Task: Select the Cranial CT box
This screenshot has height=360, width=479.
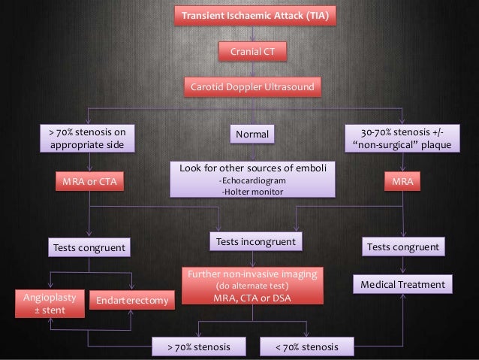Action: (x=252, y=52)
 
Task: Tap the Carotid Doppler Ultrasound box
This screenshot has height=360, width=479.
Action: (x=252, y=87)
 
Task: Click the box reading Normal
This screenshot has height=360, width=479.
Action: (x=252, y=135)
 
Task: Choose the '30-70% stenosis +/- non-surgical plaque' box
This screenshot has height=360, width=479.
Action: (x=403, y=139)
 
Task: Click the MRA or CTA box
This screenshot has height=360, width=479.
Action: (x=89, y=181)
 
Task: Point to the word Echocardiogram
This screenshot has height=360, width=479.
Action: (x=252, y=180)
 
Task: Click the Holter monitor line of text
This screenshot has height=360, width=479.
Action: (x=252, y=191)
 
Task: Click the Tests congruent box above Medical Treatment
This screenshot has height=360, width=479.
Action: (x=403, y=247)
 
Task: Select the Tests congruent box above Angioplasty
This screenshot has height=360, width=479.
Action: (x=89, y=247)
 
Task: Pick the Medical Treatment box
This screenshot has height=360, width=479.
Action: (x=403, y=284)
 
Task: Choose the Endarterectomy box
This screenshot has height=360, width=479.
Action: (x=132, y=301)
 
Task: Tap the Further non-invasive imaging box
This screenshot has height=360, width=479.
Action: (x=252, y=286)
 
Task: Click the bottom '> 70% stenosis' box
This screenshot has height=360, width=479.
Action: (x=200, y=347)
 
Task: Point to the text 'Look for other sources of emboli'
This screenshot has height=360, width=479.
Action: (x=252, y=168)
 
